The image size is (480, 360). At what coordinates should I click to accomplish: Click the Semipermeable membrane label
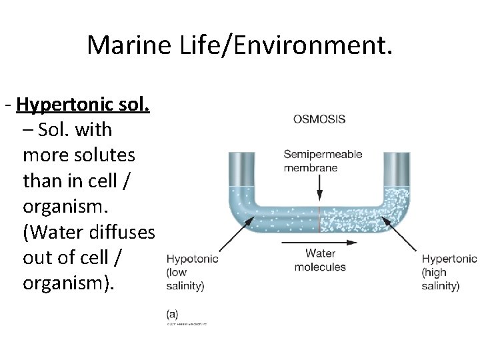[x=323, y=161]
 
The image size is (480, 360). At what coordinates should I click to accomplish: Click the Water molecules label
[x=320, y=260]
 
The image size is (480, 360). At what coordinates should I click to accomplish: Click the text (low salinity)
[x=185, y=279]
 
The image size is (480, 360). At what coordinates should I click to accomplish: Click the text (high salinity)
[x=441, y=279]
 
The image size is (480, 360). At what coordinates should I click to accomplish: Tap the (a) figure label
[x=173, y=313]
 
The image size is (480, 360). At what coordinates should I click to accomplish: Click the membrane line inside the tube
[x=320, y=218]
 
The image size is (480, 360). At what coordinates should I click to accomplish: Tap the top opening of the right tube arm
[x=400, y=154]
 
